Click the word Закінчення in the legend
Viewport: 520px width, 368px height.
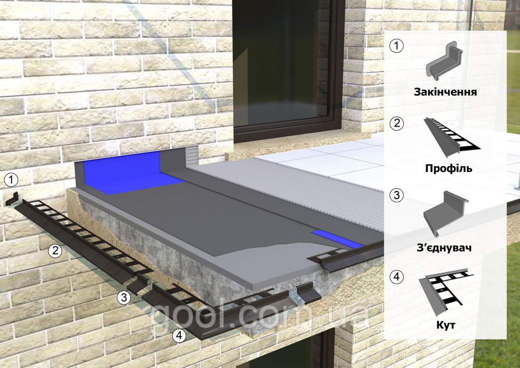(445, 91)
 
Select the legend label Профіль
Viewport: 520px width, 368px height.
(448, 168)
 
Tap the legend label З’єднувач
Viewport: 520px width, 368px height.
(444, 248)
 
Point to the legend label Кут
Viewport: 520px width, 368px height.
(446, 324)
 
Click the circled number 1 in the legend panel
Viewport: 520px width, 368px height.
(397, 46)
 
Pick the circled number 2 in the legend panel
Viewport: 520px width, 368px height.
(397, 123)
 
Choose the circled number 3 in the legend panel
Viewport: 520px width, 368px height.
(397, 195)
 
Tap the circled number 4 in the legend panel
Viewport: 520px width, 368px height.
(397, 277)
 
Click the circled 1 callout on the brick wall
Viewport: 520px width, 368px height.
(12, 180)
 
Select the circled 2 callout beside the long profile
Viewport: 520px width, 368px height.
(55, 250)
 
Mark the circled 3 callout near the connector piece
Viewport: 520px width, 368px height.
(124, 297)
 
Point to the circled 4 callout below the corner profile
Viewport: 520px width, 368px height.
(179, 336)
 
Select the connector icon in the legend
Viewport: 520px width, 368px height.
(446, 216)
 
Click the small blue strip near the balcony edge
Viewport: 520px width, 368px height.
(337, 239)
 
